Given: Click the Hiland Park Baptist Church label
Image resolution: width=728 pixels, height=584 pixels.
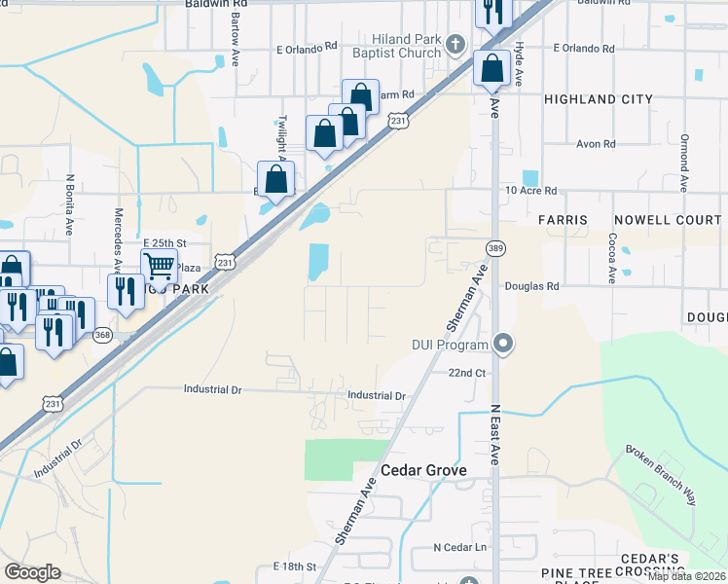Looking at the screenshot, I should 397,46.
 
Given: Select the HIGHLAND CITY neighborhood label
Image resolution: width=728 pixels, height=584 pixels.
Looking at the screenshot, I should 593,99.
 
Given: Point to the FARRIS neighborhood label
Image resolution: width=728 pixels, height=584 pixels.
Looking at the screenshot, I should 564,220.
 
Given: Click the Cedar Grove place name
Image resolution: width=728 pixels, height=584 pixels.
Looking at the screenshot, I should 423,470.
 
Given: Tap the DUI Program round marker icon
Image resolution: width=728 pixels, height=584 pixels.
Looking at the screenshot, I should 503,344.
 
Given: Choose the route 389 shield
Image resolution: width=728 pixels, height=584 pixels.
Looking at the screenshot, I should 495,248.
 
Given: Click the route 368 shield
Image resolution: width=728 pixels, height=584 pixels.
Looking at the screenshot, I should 102,336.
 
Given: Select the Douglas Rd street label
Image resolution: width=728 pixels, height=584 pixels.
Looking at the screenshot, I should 531,287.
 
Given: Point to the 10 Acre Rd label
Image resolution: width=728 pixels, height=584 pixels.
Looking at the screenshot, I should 530,191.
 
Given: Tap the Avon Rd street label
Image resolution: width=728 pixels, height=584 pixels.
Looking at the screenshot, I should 596,144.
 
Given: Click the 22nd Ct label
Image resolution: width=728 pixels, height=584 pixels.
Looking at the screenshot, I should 466,373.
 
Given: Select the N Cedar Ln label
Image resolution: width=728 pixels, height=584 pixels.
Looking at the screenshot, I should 459,547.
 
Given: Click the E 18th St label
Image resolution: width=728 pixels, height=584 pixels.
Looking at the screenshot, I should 296,566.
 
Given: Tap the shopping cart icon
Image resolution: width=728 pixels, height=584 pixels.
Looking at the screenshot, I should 159,263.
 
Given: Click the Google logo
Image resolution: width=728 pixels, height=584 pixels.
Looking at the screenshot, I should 33,572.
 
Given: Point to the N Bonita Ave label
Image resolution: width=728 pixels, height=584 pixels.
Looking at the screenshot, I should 70,205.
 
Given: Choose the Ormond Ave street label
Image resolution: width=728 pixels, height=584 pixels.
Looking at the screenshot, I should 685,163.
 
